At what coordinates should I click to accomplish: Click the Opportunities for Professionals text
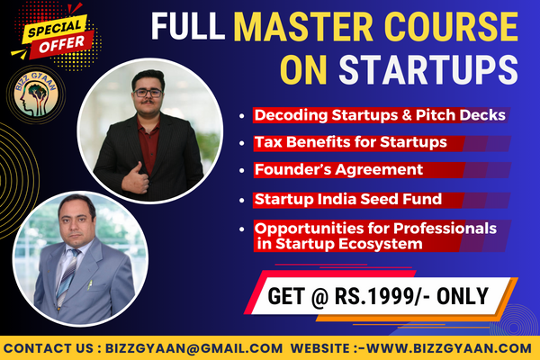pos(375,229)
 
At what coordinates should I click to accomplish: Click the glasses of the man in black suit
pos(148,91)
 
